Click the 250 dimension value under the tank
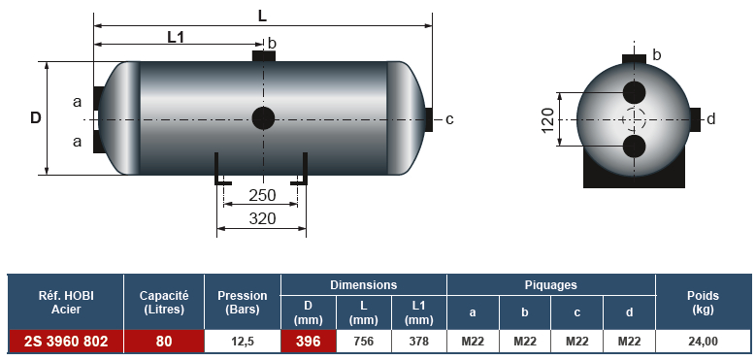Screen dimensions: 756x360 click(x=262, y=195)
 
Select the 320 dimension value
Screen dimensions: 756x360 click(x=262, y=218)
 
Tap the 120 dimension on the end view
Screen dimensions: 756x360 click(x=548, y=119)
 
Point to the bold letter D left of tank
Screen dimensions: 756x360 click(x=36, y=118)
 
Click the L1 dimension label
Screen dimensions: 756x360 click(x=176, y=37)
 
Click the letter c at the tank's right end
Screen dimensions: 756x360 click(x=449, y=119)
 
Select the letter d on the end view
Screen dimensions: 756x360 click(x=711, y=119)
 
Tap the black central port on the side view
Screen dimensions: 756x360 click(x=263, y=118)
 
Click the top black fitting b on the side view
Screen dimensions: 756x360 click(x=264, y=55)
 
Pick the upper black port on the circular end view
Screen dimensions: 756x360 click(x=634, y=92)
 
